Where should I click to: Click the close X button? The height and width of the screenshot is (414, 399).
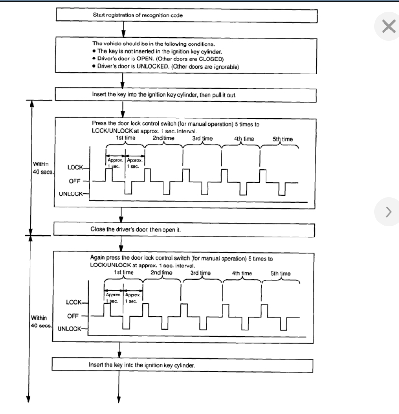(389, 26)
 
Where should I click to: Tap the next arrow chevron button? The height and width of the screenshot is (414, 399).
(389, 211)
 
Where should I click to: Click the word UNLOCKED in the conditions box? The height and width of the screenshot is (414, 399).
(148, 66)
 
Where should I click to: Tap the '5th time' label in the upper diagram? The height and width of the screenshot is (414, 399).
(282, 139)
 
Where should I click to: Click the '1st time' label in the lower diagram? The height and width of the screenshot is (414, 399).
(124, 272)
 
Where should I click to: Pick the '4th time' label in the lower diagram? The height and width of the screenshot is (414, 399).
(242, 273)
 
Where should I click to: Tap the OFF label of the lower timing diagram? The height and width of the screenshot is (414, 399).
(74, 316)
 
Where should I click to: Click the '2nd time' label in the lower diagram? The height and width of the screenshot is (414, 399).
(162, 272)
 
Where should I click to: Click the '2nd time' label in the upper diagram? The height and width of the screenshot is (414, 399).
(163, 138)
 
